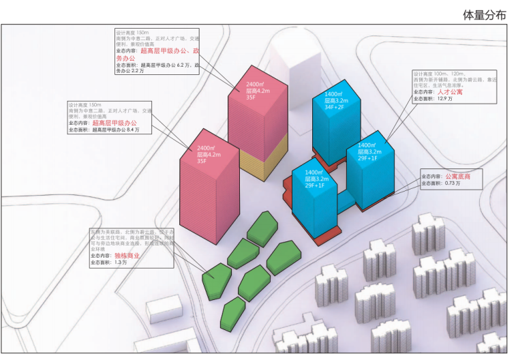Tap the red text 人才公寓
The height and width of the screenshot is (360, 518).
tap(453, 91)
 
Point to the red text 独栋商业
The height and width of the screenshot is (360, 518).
tap(127, 256)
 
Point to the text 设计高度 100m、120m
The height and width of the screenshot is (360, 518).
tap(438, 74)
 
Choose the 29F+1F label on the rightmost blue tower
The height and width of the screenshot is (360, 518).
tap(371, 157)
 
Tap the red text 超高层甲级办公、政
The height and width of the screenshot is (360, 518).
tap(169, 51)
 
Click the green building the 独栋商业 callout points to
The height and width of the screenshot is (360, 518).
tap(217, 281)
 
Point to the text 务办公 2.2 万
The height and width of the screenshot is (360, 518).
tap(129, 71)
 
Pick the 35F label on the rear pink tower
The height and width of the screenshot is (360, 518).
tap(251, 97)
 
